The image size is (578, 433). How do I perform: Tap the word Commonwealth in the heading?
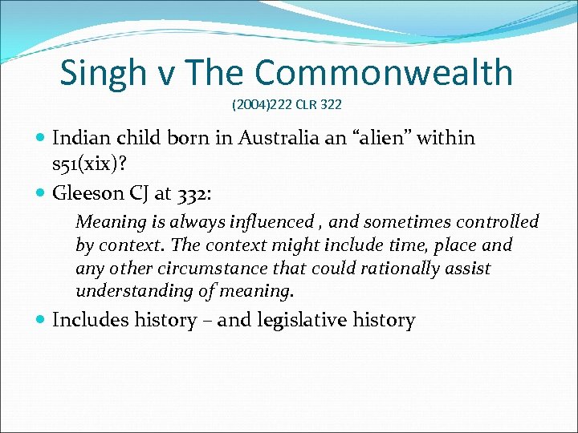click(385, 73)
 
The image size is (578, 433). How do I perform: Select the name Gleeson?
click(84, 192)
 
